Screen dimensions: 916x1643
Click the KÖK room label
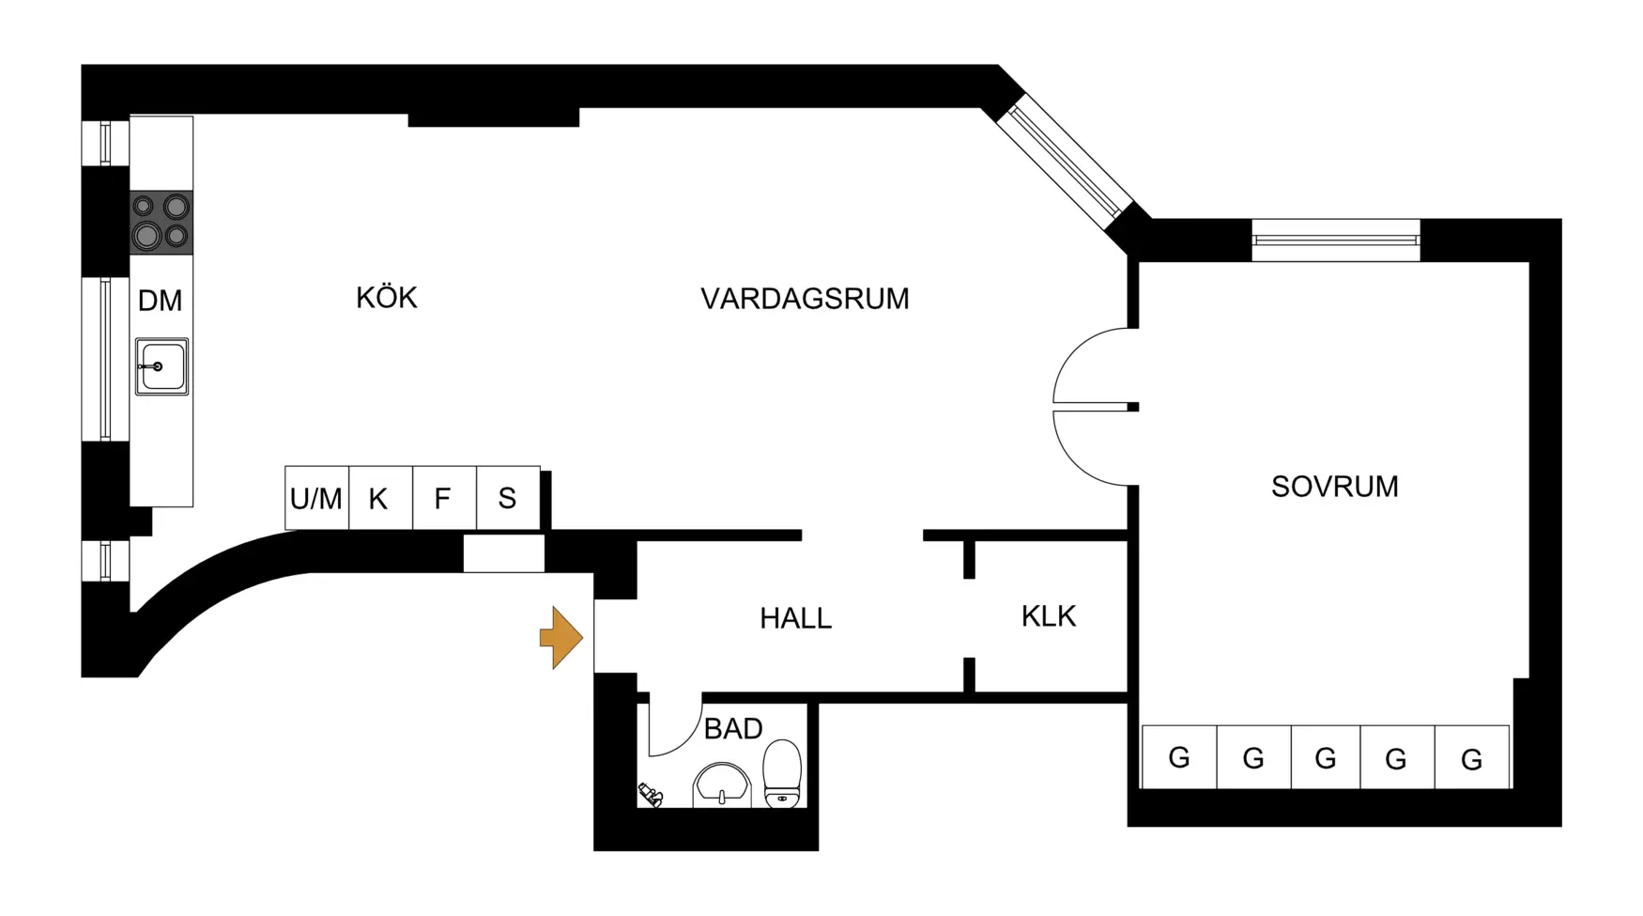[x=386, y=298]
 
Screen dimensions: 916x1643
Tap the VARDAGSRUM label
[x=805, y=299]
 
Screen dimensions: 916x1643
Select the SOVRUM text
[x=1334, y=487]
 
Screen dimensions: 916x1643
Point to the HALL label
[x=795, y=618]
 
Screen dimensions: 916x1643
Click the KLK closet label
[x=1048, y=616]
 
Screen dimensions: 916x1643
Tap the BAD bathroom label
[x=732, y=729]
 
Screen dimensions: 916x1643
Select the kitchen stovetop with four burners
[x=161, y=223]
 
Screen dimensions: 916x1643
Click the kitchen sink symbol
[x=161, y=366]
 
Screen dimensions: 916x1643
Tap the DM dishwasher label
[x=160, y=301]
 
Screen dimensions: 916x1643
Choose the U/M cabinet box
[x=316, y=498]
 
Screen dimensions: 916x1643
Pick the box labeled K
[x=379, y=498]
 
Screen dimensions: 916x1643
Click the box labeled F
[x=443, y=498]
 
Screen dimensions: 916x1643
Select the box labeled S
[x=507, y=498]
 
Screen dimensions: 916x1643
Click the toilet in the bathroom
[x=782, y=774]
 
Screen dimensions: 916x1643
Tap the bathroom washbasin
[x=721, y=785]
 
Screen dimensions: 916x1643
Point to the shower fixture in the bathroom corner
[x=651, y=795]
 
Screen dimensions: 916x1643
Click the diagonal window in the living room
[x=1066, y=162]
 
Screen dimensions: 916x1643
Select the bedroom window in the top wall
[x=1335, y=241]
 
